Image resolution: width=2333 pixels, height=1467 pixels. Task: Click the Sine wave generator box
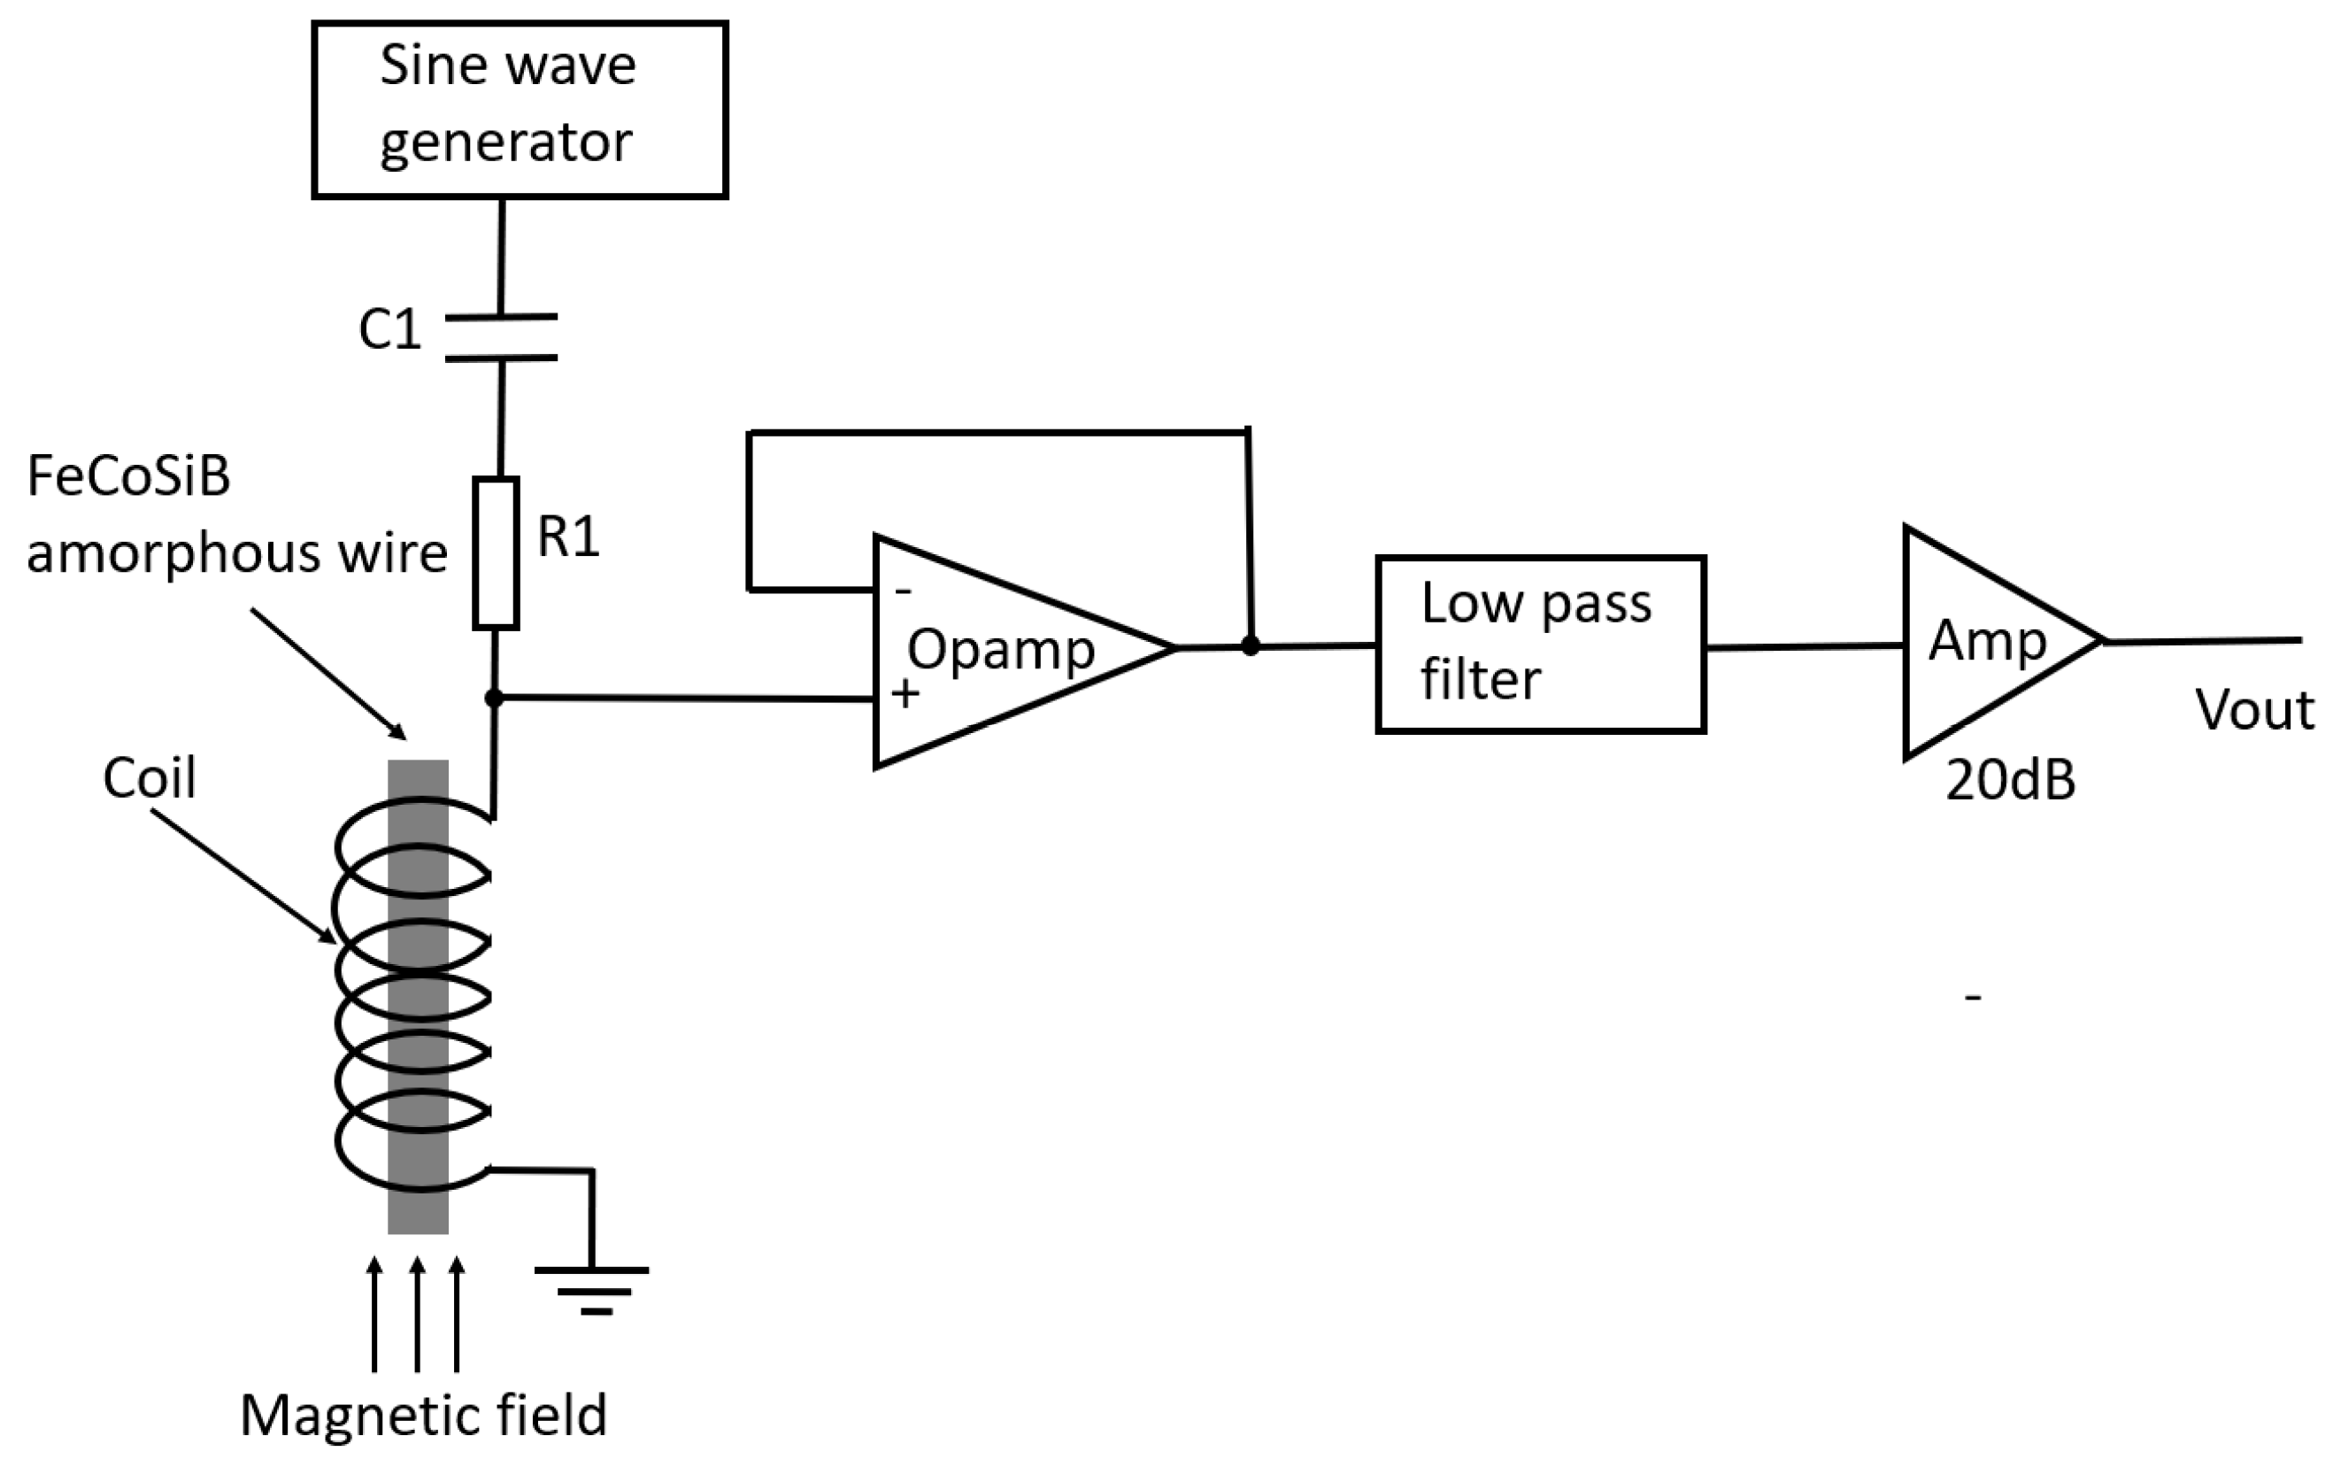click(520, 110)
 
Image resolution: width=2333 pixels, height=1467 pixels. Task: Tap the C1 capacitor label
click(389, 329)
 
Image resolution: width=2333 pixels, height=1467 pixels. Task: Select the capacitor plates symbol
click(501, 337)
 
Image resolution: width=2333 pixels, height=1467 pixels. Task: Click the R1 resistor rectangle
click(496, 553)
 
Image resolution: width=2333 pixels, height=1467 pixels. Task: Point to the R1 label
click(569, 536)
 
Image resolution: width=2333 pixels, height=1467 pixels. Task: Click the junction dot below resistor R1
click(494, 698)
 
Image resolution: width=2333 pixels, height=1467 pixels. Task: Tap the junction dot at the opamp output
click(1251, 645)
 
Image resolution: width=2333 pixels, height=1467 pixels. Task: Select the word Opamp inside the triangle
click(1001, 649)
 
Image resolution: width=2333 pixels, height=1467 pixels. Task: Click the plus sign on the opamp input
click(905, 694)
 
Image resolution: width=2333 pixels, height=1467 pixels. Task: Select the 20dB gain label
click(2010, 780)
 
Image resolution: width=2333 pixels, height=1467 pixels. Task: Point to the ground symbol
click(593, 1290)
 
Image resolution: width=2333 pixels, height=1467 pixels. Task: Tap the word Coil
click(150, 777)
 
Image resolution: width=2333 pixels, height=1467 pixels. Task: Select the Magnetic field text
click(423, 1416)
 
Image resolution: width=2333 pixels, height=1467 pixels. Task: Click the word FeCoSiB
click(129, 475)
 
